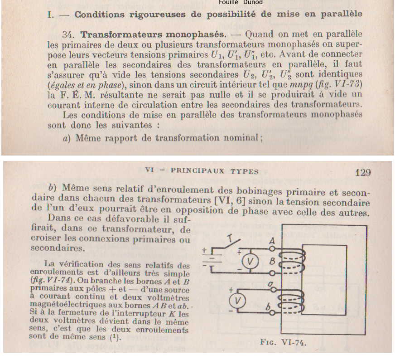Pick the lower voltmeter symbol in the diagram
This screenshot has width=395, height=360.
(x=240, y=301)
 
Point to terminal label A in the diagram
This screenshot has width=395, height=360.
(x=271, y=241)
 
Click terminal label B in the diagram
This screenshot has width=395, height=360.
(x=271, y=262)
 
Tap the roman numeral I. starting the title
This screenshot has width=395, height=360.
(x=51, y=14)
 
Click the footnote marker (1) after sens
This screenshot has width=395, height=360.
(x=115, y=337)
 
